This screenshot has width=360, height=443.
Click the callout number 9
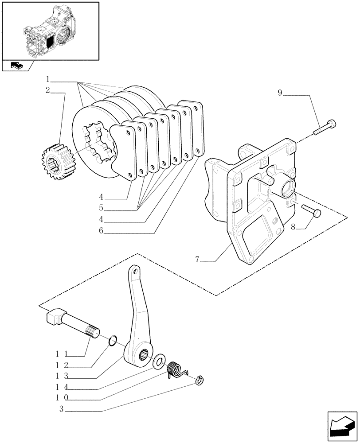pos(280,93)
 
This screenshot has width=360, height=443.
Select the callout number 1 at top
pos(47,80)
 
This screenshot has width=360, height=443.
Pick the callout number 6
pos(102,231)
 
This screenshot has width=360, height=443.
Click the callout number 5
pos(102,207)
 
